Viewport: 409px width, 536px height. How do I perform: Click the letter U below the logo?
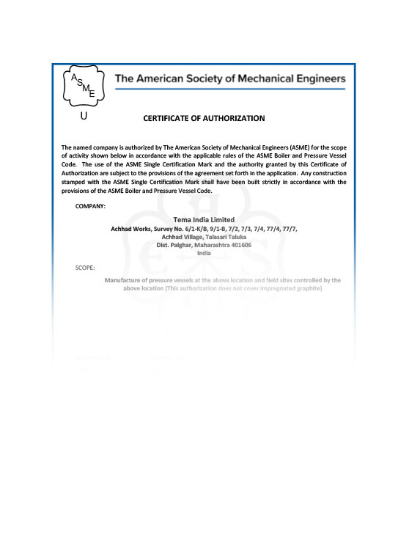point(84,116)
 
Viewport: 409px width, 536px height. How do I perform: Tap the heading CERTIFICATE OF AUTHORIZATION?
point(204,118)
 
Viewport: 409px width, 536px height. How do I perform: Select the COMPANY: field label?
point(90,206)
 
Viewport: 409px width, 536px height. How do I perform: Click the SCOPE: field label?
point(85,268)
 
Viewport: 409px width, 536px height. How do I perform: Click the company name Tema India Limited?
point(204,219)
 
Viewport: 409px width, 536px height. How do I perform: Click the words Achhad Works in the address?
point(130,229)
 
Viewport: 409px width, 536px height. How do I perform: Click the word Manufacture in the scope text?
point(125,280)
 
